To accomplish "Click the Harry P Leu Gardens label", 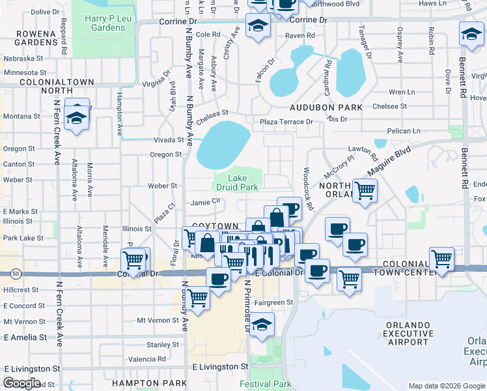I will pos(104,23).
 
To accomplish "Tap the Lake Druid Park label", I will pos(244,182).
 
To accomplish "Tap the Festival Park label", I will pos(265,384).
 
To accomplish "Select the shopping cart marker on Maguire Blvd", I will pos(365,190).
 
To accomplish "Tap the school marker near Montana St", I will pos(77,118).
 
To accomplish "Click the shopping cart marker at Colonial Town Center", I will pos(442,258).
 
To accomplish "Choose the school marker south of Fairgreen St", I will pos(261,325).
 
